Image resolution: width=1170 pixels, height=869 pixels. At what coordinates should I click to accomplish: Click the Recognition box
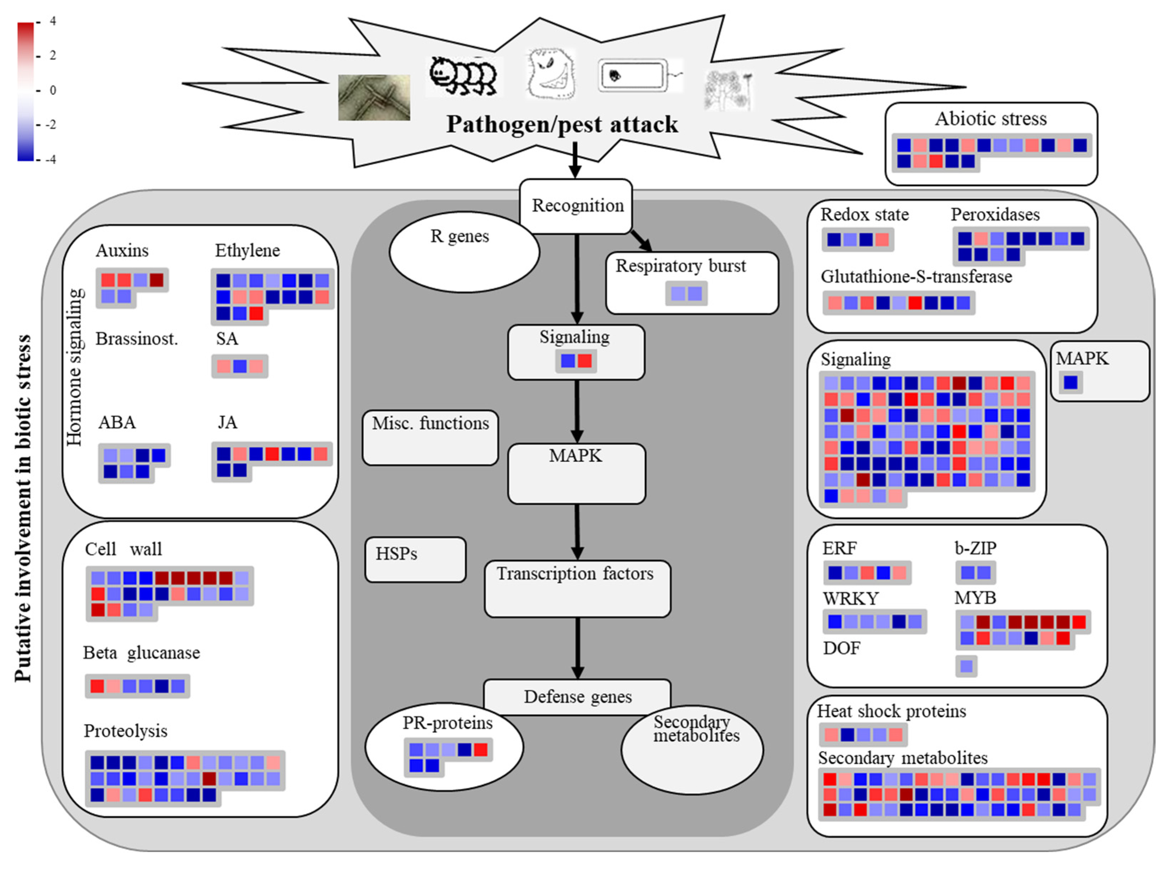click(x=577, y=206)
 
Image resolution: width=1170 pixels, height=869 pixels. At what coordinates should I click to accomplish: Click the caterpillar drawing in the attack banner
click(x=463, y=77)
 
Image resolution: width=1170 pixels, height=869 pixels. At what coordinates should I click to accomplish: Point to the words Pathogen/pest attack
click(x=562, y=124)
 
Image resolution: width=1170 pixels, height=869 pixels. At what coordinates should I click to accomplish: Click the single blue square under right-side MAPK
click(x=1070, y=382)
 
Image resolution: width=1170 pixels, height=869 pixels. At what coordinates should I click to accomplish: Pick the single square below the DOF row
click(x=966, y=666)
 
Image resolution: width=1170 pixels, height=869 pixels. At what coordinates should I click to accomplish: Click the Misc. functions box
click(x=430, y=437)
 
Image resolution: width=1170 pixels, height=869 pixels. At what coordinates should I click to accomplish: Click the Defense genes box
click(x=577, y=696)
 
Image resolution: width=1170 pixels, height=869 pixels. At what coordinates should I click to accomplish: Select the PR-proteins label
click(x=448, y=723)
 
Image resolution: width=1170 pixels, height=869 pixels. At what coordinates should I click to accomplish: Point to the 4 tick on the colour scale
click(x=52, y=21)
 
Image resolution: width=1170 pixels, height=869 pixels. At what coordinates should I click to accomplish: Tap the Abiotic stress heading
click(x=990, y=119)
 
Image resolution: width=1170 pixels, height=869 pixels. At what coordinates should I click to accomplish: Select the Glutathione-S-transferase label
click(x=916, y=277)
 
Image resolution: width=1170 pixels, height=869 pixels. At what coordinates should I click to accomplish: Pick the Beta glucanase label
click(x=142, y=653)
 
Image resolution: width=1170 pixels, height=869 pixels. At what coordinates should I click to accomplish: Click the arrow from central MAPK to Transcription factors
click(x=577, y=531)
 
